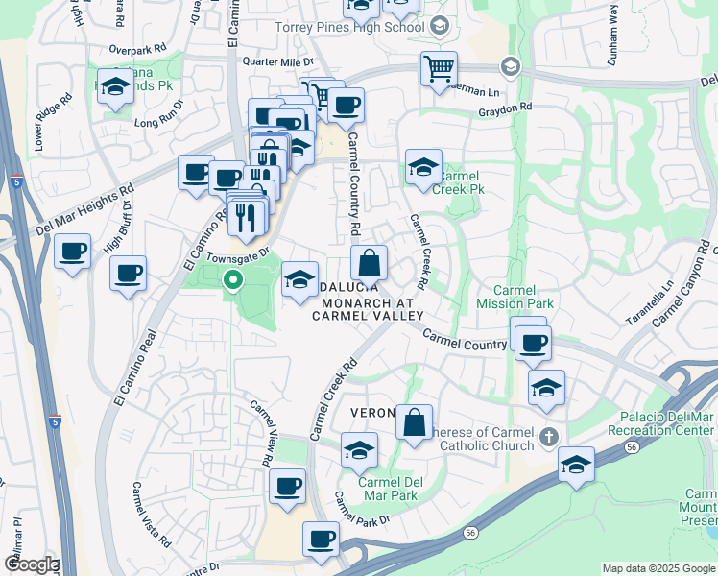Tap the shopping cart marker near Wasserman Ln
[x=439, y=69]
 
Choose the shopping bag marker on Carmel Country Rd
[x=369, y=262]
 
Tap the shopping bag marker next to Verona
[x=415, y=422]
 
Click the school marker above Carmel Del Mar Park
[x=359, y=449]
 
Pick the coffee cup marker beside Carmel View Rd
[x=287, y=487]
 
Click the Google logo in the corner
[x=31, y=564]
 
